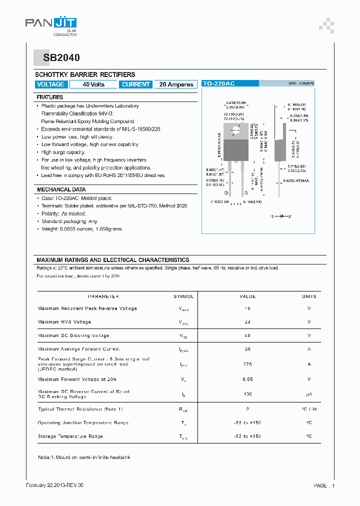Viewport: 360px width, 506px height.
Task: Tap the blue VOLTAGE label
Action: [x=50, y=84]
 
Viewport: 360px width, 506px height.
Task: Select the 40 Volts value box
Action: [x=93, y=84]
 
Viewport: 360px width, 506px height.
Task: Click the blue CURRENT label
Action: [x=135, y=84]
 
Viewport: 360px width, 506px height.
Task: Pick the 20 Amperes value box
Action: [x=176, y=84]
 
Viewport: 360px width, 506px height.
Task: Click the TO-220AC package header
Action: [x=218, y=84]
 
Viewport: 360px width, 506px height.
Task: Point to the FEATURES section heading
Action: [x=50, y=97]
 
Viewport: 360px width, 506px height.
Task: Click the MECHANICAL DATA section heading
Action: [x=61, y=189]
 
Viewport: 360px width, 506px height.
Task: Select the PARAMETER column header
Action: [x=103, y=296]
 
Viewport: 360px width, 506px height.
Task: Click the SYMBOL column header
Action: [x=183, y=296]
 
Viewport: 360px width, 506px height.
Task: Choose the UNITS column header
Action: [x=309, y=296]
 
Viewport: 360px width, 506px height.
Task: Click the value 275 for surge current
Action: [x=247, y=364]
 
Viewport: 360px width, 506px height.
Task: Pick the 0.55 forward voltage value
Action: [x=247, y=379]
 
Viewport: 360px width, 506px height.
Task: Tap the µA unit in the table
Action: [x=309, y=394]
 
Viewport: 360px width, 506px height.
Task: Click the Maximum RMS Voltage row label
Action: [x=64, y=322]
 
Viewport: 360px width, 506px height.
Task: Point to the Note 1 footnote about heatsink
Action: [x=84, y=457]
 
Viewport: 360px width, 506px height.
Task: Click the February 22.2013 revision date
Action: [x=54, y=485]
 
